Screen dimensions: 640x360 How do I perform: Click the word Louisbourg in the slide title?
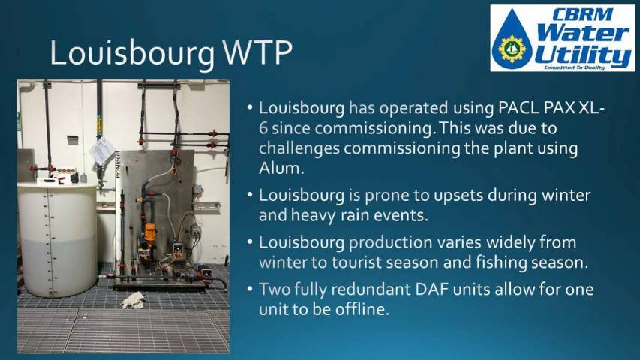pos(132,54)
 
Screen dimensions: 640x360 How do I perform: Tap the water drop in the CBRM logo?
pos(512,39)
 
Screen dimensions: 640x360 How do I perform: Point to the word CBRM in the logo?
pos(583,14)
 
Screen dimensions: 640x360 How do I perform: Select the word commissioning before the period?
pos(373,129)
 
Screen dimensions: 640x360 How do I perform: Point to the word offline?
pos(359,309)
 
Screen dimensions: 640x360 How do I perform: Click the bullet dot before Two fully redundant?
pos(250,289)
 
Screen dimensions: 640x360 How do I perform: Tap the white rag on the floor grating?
pos(133,300)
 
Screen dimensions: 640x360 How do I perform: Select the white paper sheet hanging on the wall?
pos(101,151)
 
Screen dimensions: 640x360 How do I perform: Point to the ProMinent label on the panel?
pos(118,164)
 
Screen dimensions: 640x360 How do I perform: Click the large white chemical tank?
pos(58,238)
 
